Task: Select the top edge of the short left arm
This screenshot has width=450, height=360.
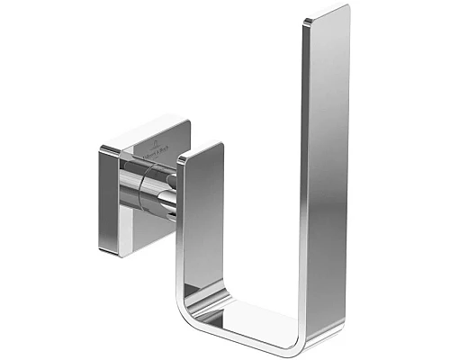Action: pos(200,149)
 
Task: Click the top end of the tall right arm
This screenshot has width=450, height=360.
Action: pos(326,13)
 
